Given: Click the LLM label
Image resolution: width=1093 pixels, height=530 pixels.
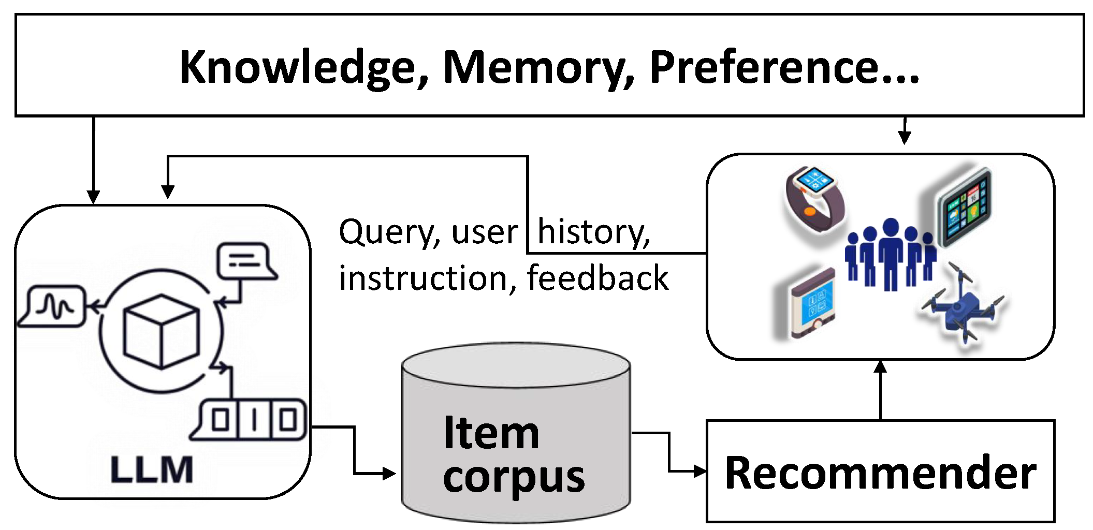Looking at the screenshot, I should pyautogui.click(x=151, y=470).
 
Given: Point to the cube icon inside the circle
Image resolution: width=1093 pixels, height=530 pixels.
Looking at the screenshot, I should pyautogui.click(x=161, y=332).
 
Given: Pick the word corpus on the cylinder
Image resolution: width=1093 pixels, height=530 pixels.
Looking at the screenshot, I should pyautogui.click(x=514, y=477).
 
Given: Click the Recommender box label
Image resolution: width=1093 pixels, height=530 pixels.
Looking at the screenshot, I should pyautogui.click(x=880, y=472).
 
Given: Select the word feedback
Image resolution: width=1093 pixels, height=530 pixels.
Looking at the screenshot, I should pyautogui.click(x=598, y=278).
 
